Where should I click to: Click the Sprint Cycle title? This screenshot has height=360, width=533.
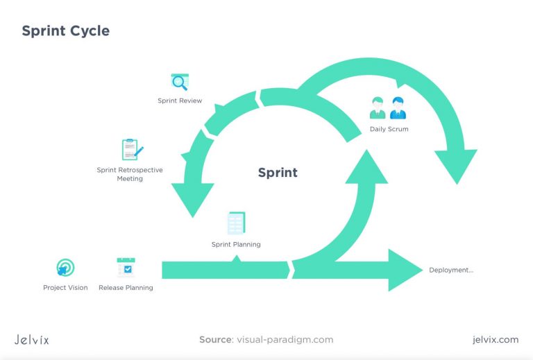(65, 31)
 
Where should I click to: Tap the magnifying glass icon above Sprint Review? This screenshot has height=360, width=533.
(180, 83)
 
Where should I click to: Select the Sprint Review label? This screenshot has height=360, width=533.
(180, 101)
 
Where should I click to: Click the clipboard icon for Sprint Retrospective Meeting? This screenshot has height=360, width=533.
(131, 150)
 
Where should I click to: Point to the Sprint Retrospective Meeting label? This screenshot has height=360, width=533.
(130, 174)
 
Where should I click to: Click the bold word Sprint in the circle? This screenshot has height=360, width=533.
(278, 173)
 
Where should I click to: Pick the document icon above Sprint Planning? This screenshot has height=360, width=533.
(236, 223)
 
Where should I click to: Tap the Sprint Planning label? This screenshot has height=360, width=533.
(236, 244)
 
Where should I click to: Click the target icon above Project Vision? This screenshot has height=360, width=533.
(65, 268)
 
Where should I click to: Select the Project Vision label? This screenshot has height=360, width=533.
(65, 288)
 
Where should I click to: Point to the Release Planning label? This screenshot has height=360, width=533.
(126, 288)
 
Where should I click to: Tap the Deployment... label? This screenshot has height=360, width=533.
(451, 270)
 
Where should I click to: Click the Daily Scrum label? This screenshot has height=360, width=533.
(389, 129)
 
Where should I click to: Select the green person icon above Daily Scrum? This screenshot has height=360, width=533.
(378, 108)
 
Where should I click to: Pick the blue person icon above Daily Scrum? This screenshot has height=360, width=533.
(398, 108)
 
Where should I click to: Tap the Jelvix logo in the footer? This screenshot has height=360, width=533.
(32, 340)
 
